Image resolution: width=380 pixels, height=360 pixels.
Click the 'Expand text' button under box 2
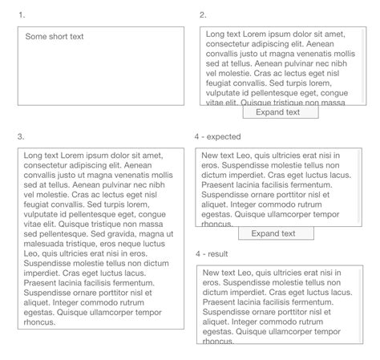click(277, 112)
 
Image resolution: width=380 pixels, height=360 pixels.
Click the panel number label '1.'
click(21, 14)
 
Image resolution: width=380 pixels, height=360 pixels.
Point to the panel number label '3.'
click(21, 136)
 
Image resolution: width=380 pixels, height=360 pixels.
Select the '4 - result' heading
click(215, 253)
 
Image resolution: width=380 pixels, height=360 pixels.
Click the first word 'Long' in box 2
click(215, 34)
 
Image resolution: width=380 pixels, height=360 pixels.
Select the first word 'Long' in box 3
click(33, 155)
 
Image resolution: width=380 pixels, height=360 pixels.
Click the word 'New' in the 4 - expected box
click(210, 156)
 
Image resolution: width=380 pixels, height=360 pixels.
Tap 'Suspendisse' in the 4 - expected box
click(245, 165)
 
